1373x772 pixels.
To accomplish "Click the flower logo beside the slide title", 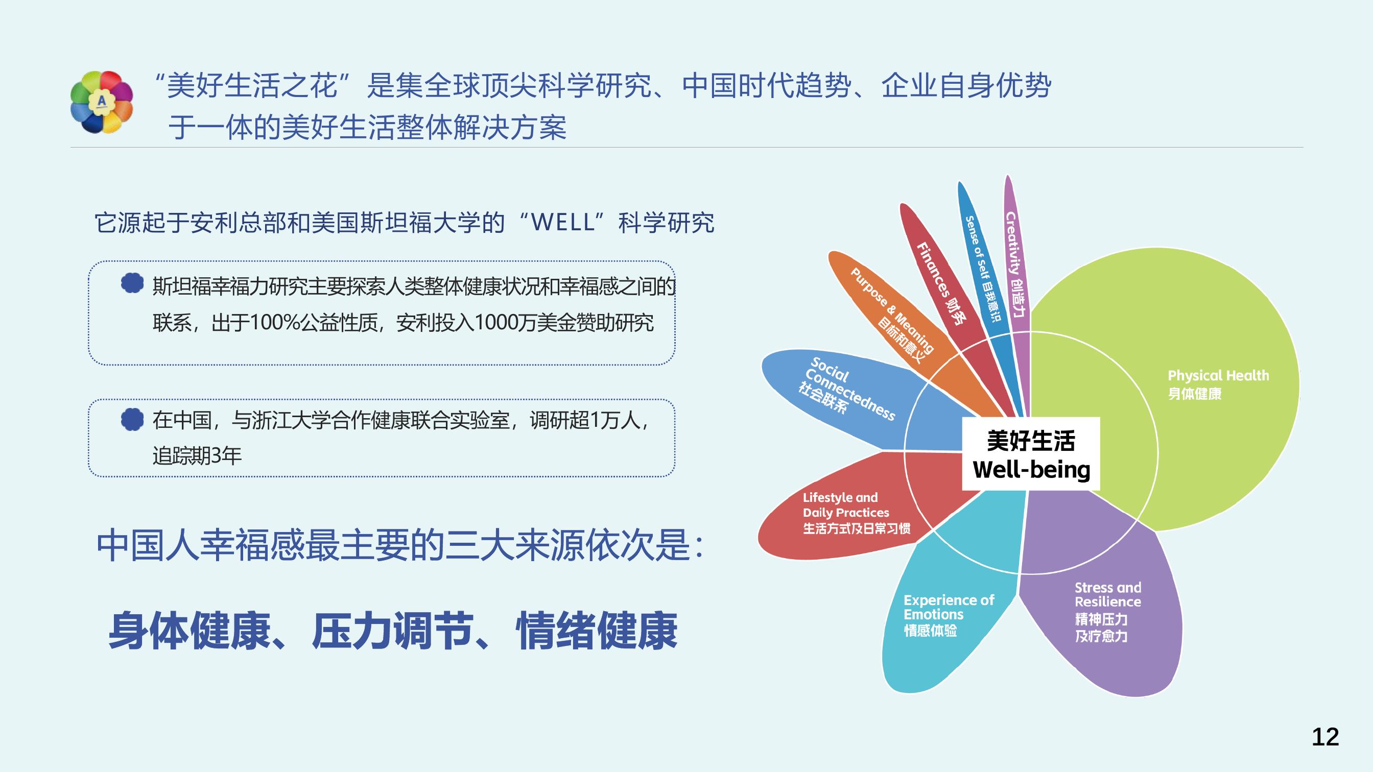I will [101, 102].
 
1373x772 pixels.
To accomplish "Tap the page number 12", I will [1325, 737].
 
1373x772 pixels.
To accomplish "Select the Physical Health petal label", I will [1218, 384].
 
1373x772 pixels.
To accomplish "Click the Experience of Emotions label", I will [948, 615].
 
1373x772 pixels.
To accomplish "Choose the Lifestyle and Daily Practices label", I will [856, 513].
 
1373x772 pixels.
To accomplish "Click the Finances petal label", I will [941, 283].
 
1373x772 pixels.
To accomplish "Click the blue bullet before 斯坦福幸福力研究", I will [132, 283].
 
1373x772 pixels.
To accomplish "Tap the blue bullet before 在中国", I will [132, 419].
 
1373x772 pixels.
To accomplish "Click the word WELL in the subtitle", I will [563, 222].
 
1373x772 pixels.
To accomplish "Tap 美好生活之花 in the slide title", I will [252, 86].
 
